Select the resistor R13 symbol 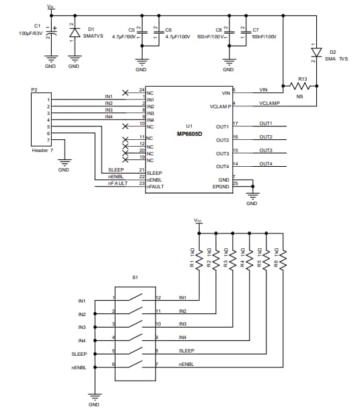[x=302, y=85]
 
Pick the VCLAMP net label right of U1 [x=270, y=104]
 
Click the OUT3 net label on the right [x=266, y=150]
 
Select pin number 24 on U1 [x=141, y=89]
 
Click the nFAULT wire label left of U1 [x=118, y=183]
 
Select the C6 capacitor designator [x=168, y=30]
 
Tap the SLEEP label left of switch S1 [x=79, y=354]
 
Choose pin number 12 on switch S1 [x=159, y=297]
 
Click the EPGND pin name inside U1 [x=222, y=186]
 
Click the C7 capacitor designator [x=256, y=30]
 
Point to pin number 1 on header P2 [x=48, y=100]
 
